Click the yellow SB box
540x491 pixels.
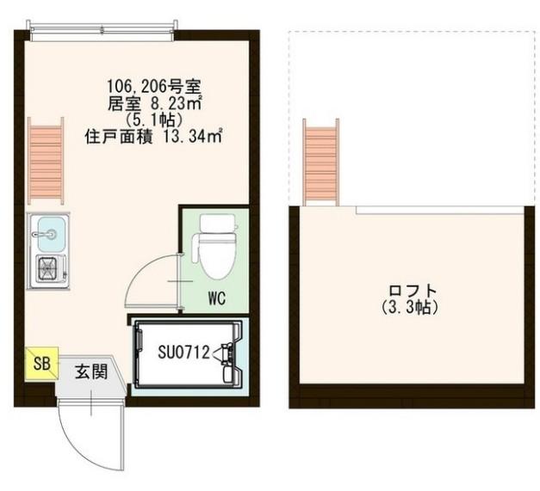point(41,364)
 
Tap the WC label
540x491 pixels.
point(217,298)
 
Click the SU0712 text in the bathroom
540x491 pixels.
point(183,352)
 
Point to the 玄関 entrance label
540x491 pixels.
point(91,371)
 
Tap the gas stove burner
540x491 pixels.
point(48,267)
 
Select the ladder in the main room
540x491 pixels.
point(46,161)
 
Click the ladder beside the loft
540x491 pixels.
point(321,163)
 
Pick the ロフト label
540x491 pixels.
point(413,291)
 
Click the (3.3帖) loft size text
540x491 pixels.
point(410,307)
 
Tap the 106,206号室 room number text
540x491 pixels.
point(153,86)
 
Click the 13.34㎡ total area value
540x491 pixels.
point(193,138)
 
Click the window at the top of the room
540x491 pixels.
point(102,31)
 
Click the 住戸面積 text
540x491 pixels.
point(119,138)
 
